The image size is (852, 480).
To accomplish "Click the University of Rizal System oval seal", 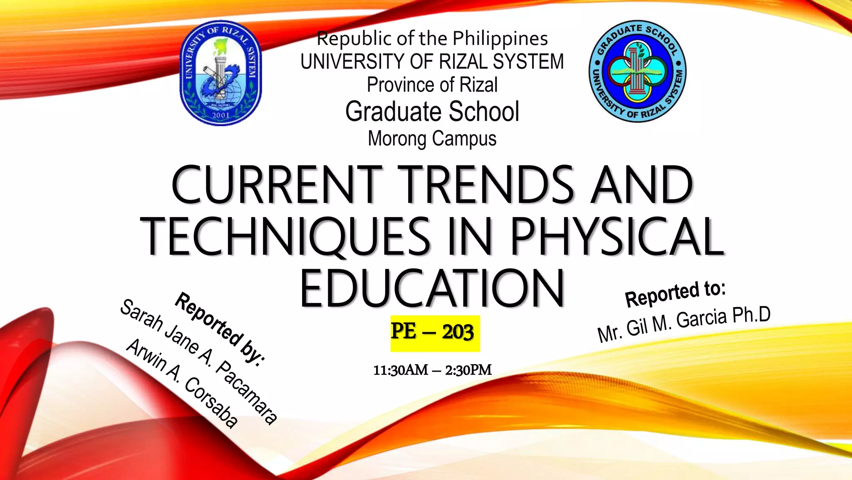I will coord(221,73).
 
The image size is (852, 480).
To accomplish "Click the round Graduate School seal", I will coord(637,71).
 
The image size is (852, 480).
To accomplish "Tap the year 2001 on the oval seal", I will coord(221,115).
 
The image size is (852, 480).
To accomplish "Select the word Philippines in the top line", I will coord(500,39).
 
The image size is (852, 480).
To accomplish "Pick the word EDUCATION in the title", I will coord(432,288).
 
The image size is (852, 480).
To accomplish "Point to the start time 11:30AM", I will coord(401,370).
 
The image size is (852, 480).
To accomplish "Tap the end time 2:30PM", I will coord(468,370).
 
